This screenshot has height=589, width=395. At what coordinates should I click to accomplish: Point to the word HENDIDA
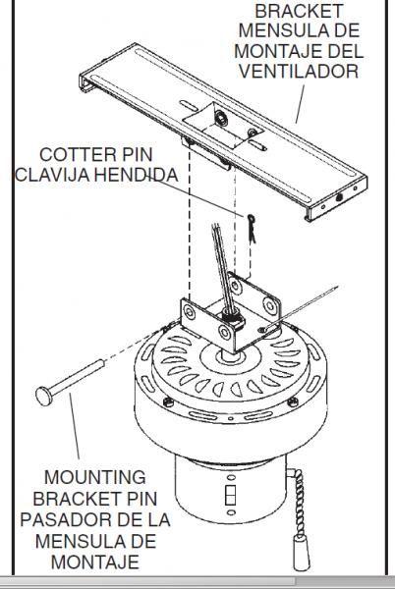(x=145, y=176)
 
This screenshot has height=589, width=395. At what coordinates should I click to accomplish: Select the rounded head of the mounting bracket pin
(x=40, y=396)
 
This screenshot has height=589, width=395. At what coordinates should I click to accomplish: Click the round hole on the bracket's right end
(x=340, y=196)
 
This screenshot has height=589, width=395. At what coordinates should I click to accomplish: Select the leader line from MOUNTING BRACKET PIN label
(x=79, y=432)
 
